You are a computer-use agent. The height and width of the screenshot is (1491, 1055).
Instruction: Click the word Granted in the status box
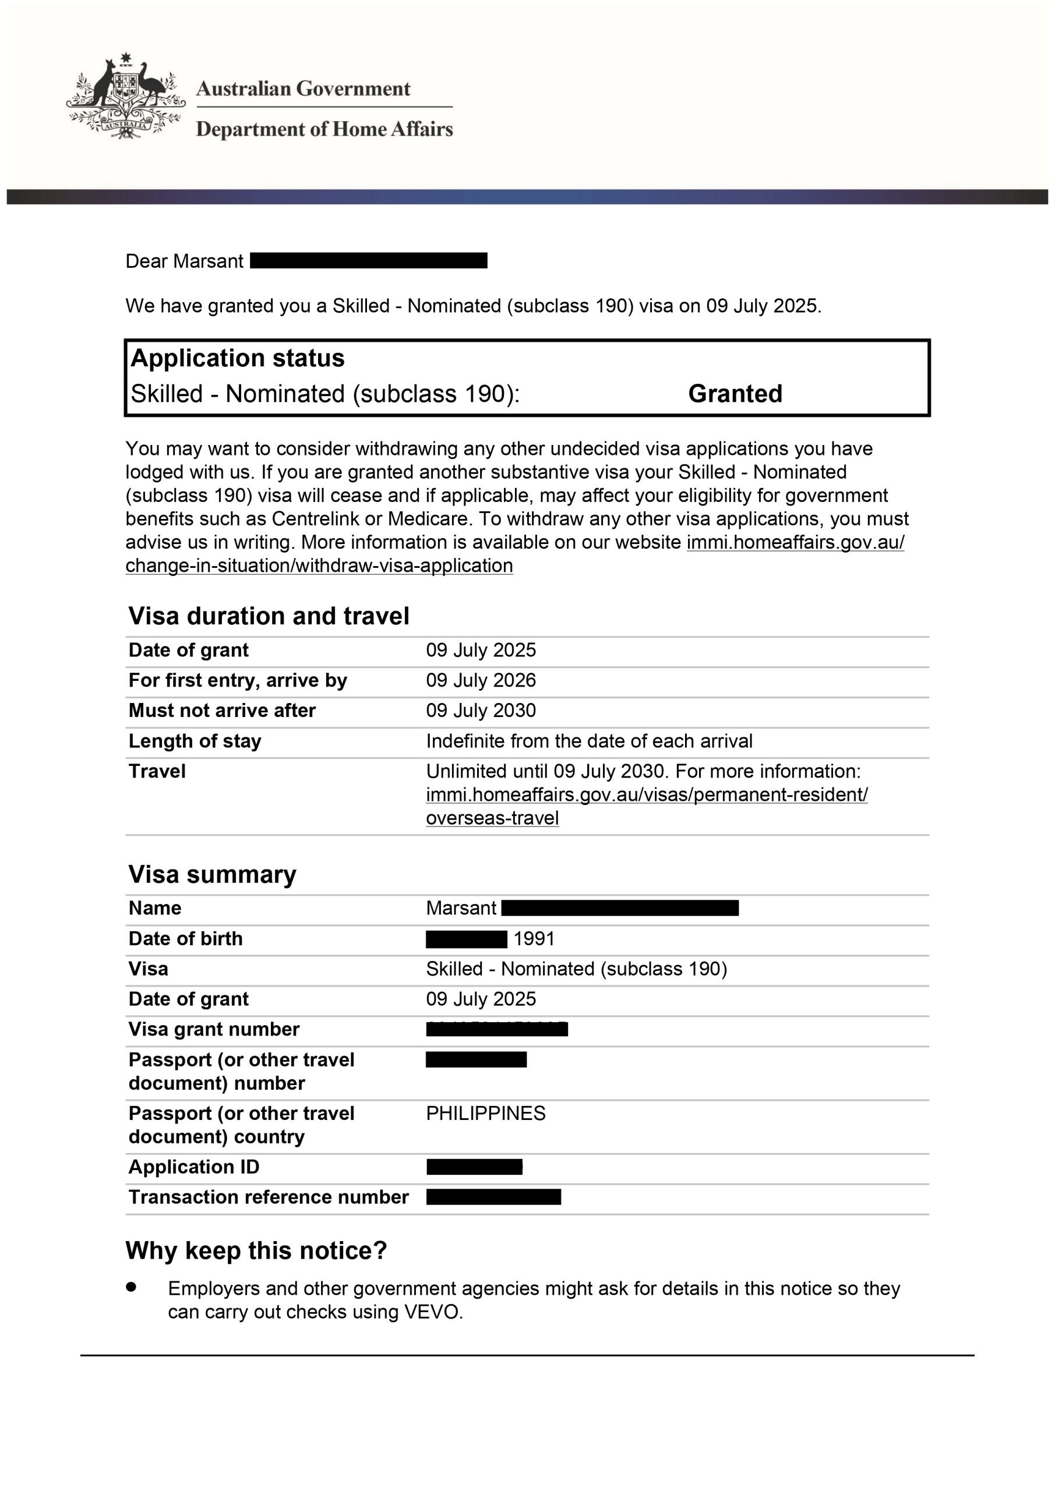[735, 394]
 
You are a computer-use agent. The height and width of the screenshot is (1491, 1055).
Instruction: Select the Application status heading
[237, 358]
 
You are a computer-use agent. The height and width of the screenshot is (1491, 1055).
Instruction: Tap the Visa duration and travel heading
[269, 616]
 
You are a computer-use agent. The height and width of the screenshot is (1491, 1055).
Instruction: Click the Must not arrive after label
[221, 711]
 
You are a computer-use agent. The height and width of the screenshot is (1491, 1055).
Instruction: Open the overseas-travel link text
[492, 818]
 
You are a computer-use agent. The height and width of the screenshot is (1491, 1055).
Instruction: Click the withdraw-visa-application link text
[319, 566]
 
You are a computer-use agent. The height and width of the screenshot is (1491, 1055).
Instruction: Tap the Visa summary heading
[212, 874]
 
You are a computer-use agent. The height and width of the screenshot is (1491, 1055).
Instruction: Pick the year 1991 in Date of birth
[534, 939]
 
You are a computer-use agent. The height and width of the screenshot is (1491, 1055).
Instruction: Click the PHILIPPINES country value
[485, 1114]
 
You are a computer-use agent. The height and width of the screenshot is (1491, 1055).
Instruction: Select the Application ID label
[193, 1167]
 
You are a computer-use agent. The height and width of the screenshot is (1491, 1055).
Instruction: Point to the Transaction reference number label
[269, 1197]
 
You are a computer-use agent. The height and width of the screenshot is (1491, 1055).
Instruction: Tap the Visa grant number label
[214, 1029]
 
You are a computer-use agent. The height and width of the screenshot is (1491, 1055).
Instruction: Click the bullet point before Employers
[132, 1287]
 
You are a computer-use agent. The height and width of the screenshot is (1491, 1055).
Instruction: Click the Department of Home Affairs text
[324, 129]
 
